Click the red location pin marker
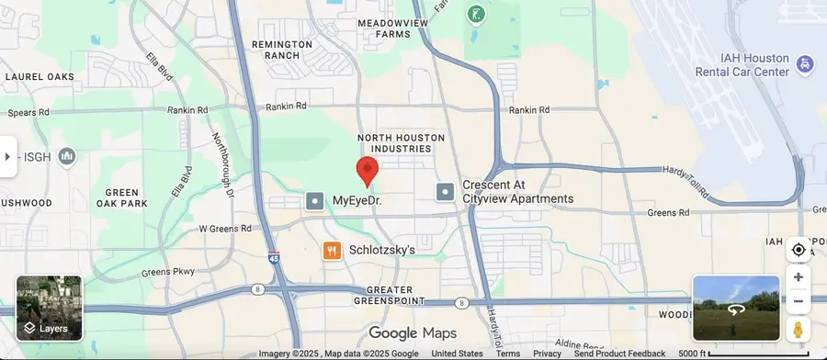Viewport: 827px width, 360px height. [x=368, y=171]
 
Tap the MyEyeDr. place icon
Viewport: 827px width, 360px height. [x=315, y=200]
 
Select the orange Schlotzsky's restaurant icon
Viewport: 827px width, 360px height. [x=332, y=250]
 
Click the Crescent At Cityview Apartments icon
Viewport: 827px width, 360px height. [x=445, y=192]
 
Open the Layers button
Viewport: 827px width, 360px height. [x=49, y=309]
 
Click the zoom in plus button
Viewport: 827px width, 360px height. [x=798, y=277]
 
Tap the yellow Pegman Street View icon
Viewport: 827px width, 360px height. [x=798, y=329]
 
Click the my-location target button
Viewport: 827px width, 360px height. [x=798, y=250]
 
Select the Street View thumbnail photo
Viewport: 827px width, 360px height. [x=736, y=309]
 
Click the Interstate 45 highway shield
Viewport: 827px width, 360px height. [x=274, y=258]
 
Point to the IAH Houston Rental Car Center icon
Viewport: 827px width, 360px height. [x=805, y=63]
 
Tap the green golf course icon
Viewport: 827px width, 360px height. [x=475, y=14]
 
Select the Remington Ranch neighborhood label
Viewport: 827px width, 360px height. [x=276, y=49]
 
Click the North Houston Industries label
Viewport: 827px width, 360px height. [x=401, y=142]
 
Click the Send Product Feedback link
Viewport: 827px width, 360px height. [x=619, y=354]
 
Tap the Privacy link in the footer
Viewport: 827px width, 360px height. [x=547, y=354]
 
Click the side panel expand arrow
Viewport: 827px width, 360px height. [x=7, y=156]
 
